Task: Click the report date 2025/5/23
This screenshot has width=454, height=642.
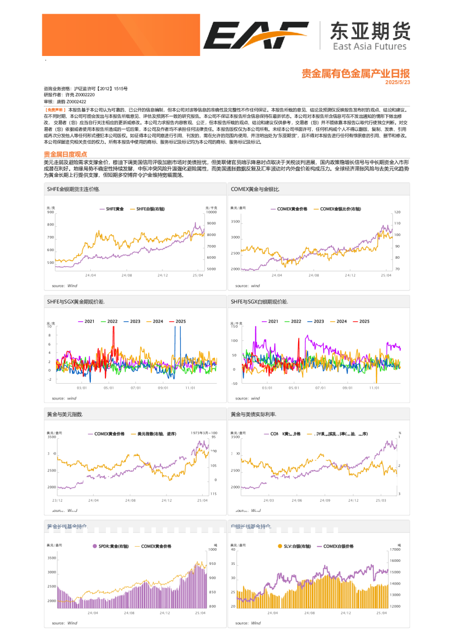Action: tap(398, 82)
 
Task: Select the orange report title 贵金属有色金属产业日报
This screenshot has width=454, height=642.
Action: tap(356, 74)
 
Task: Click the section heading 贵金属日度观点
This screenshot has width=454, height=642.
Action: tap(66, 154)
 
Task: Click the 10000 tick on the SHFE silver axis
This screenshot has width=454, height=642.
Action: tap(211, 213)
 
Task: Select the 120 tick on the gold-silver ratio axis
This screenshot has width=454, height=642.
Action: tap(397, 212)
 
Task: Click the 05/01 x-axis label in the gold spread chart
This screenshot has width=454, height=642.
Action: tap(108, 388)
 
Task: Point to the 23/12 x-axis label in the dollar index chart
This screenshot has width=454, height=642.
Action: tap(57, 500)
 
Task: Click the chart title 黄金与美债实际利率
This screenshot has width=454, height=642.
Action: tap(253, 414)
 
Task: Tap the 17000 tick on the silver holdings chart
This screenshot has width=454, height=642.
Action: tap(395, 550)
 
